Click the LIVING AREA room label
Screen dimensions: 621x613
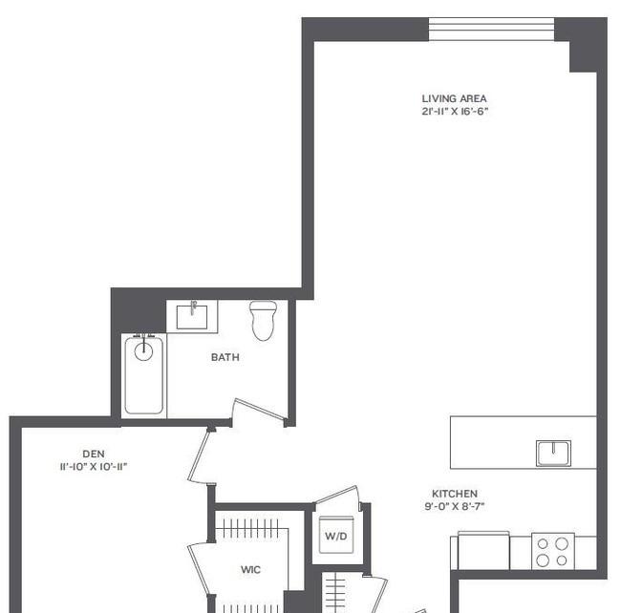pyautogui.click(x=454, y=98)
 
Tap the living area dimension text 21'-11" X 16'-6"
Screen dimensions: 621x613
pyautogui.click(x=455, y=111)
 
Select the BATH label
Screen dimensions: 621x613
pyautogui.click(x=225, y=357)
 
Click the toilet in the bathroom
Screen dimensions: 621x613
pyautogui.click(x=264, y=320)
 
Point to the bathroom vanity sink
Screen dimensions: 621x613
pyautogui.click(x=192, y=316)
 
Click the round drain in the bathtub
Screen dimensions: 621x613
pyautogui.click(x=143, y=351)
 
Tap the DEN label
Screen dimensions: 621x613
pyautogui.click(x=94, y=454)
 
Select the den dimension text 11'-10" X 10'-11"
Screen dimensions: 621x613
pyautogui.click(x=94, y=467)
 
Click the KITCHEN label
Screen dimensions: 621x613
pyautogui.click(x=455, y=494)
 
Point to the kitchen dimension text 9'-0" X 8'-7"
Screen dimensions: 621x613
pyautogui.click(x=455, y=506)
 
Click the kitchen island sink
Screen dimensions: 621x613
pyautogui.click(x=554, y=453)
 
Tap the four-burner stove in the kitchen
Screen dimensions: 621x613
pyautogui.click(x=553, y=551)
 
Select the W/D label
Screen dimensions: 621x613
pyautogui.click(x=336, y=537)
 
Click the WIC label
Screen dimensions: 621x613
pyautogui.click(x=250, y=569)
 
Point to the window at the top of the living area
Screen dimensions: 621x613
pyautogui.click(x=491, y=29)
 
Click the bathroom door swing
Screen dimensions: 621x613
pyautogui.click(x=260, y=411)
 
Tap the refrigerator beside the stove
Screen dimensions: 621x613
pyautogui.click(x=483, y=550)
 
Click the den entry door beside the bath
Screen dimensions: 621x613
pyautogui.click(x=200, y=455)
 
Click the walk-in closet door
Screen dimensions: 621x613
pyautogui.click(x=199, y=570)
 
